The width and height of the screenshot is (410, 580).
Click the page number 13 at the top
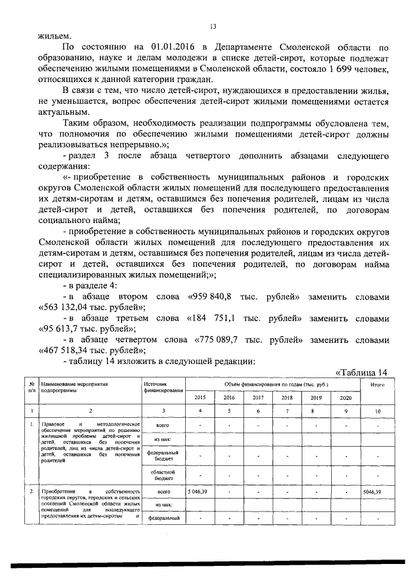[x=213, y=26]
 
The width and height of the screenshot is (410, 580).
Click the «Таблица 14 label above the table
[x=362, y=372]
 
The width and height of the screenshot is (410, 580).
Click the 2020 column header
[x=344, y=397]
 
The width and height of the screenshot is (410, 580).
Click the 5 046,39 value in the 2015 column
[x=200, y=492]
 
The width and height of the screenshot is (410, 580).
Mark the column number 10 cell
[x=375, y=410]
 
